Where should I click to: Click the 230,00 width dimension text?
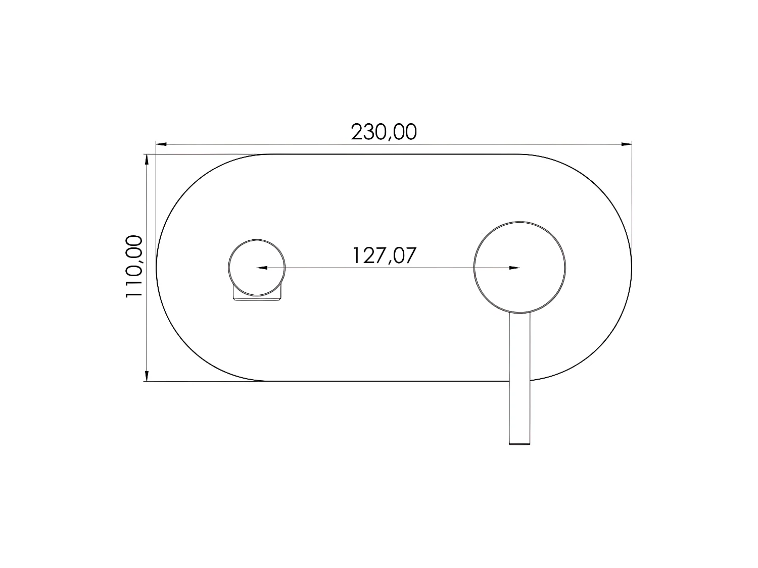point(384,132)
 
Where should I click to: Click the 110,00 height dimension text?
point(134,267)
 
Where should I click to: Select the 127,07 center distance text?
point(384,255)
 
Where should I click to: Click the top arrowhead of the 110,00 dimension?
point(147,160)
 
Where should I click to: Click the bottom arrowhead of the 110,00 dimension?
point(147,376)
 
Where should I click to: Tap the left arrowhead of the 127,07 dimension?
point(262,268)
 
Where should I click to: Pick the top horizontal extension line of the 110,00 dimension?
point(202,154)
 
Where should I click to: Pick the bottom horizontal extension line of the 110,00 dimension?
point(202,381)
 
